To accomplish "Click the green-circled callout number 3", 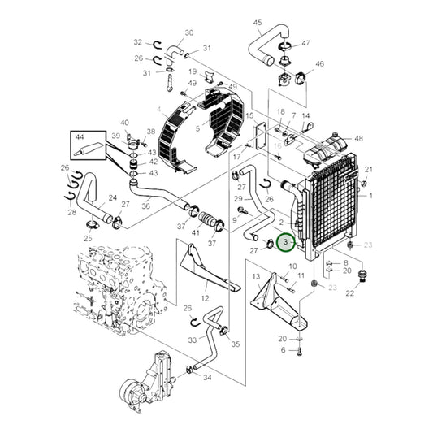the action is coord(286,242).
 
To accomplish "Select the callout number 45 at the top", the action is coord(258,23).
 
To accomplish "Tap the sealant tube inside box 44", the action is coord(88,149).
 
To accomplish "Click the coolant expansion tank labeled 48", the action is coord(325,150).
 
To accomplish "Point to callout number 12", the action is coord(205,298).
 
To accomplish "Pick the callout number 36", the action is coord(145,206).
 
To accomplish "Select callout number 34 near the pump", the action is coord(207,377).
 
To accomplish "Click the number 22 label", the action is coord(350,293).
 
